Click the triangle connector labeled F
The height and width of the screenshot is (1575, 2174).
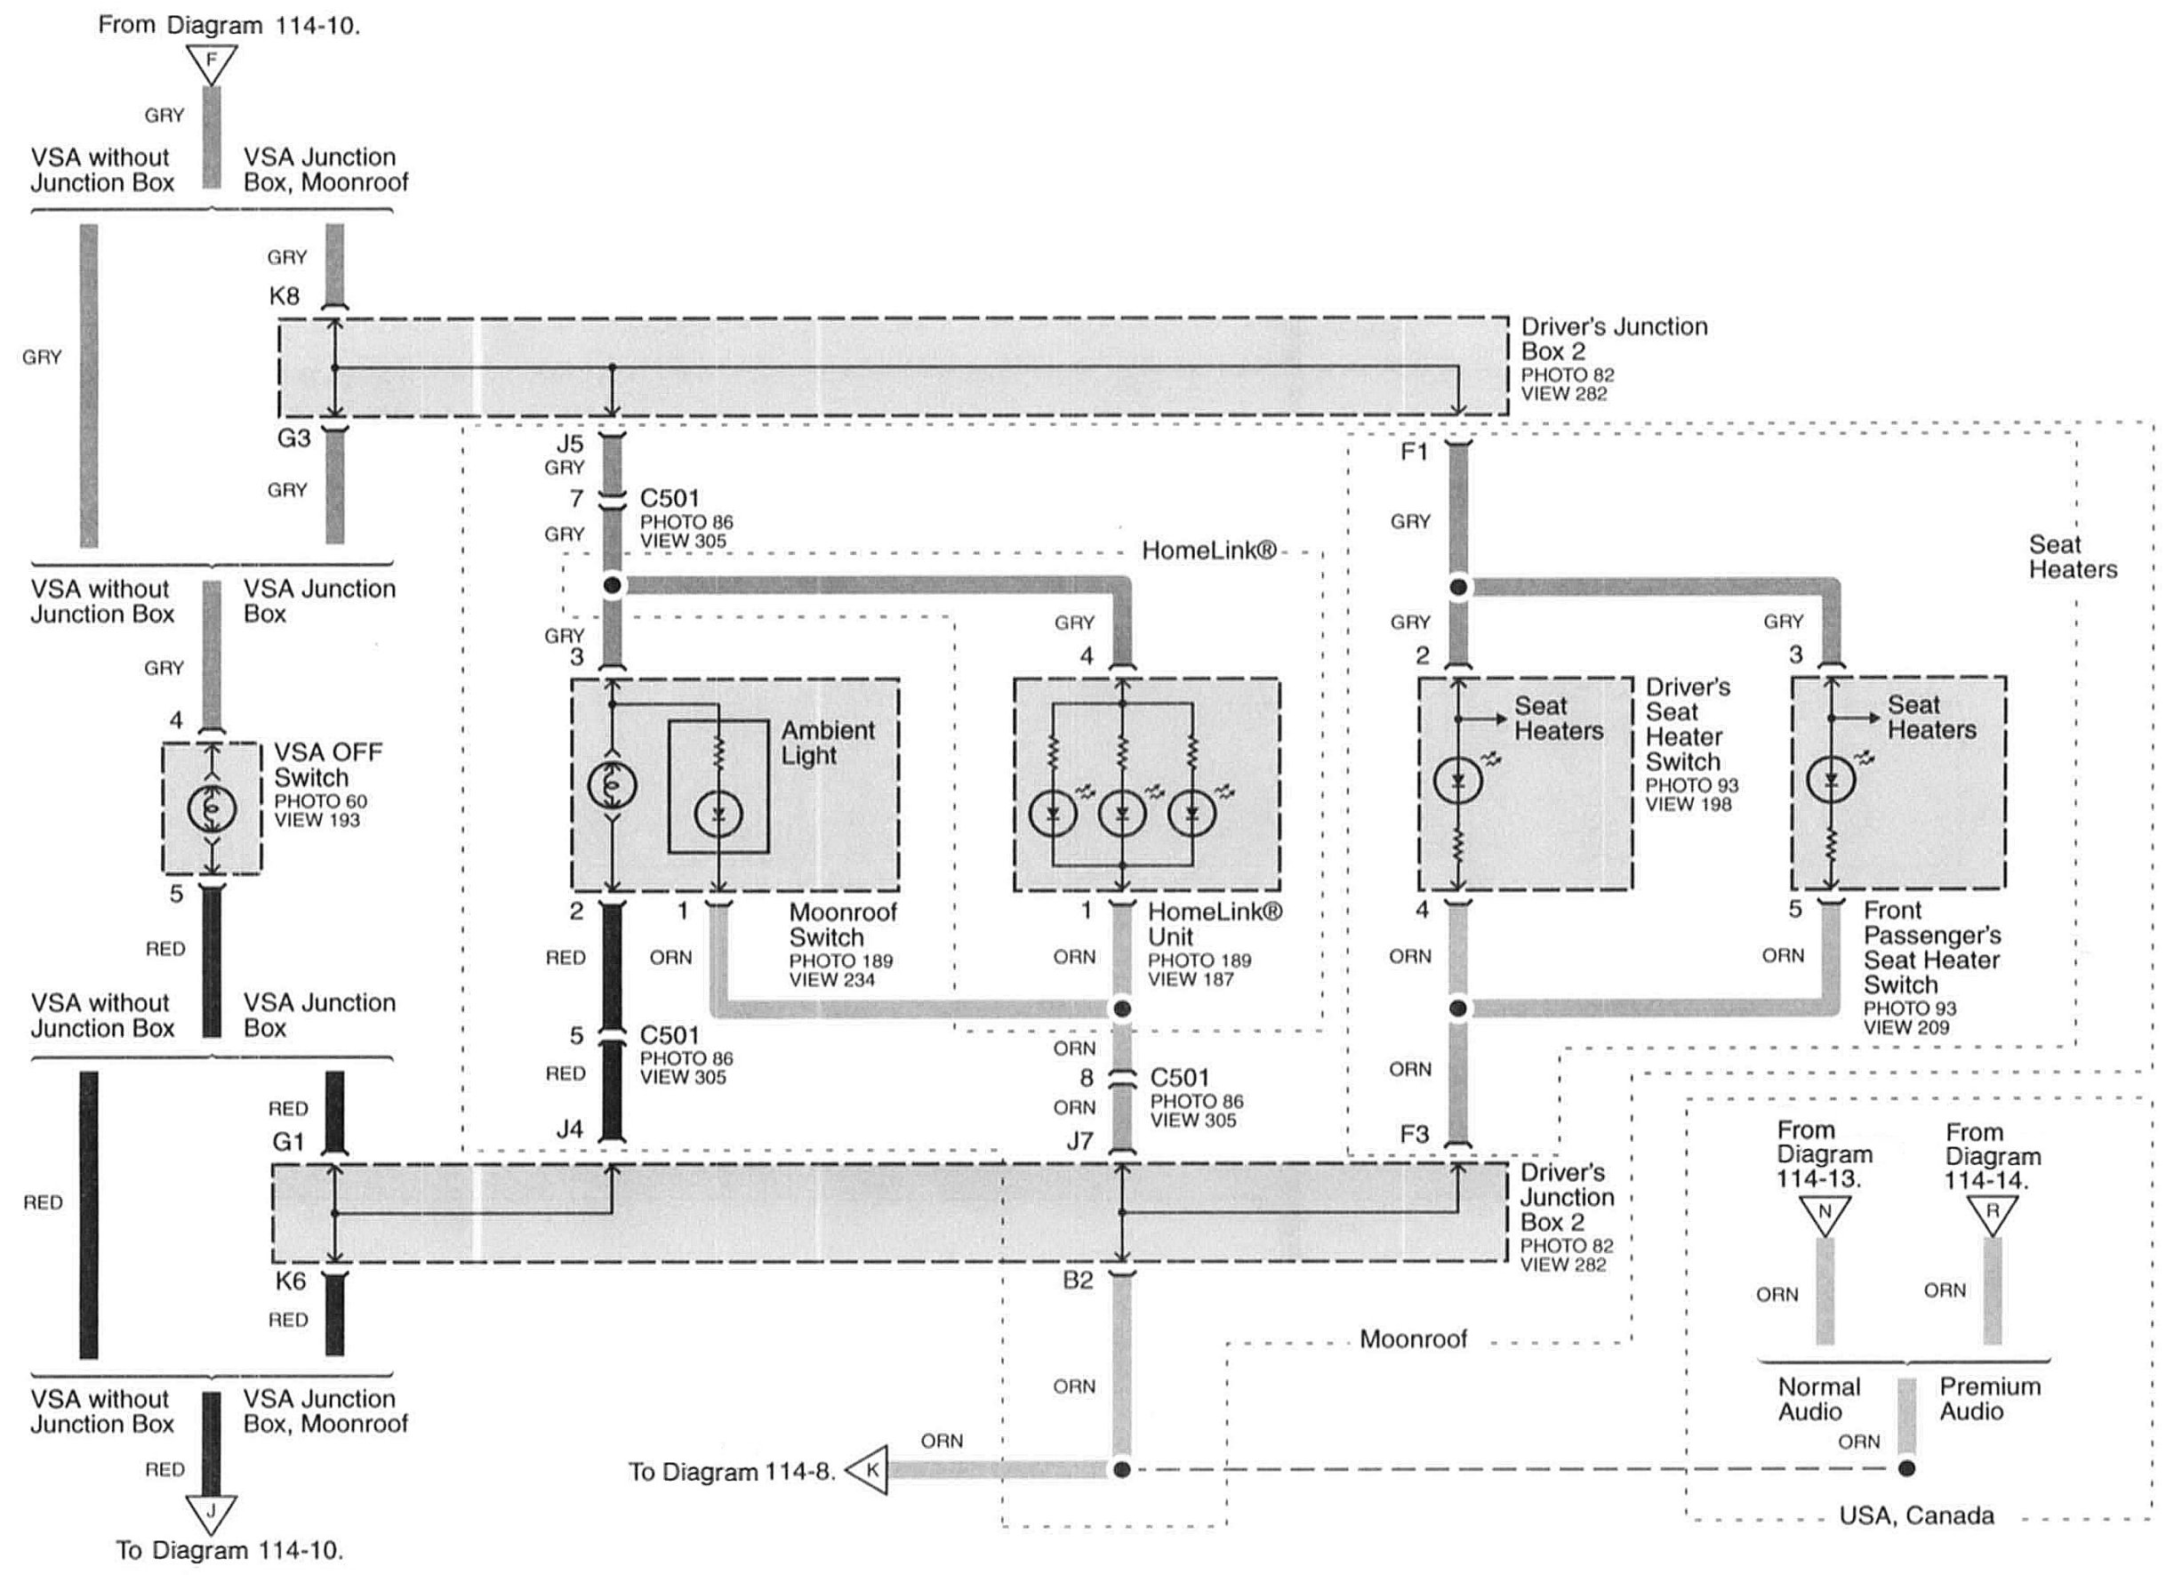tap(212, 63)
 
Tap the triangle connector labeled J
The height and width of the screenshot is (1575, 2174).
tap(211, 1512)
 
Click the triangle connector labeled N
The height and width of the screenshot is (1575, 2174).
tap(1825, 1215)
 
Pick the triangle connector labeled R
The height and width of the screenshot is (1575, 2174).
tap(1992, 1214)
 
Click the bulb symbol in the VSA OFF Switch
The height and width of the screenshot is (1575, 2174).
tap(212, 808)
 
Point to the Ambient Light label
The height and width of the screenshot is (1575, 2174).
tap(827, 742)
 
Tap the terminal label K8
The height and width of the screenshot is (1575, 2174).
tap(284, 295)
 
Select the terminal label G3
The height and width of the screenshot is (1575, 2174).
tap(293, 438)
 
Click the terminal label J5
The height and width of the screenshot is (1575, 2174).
tap(569, 444)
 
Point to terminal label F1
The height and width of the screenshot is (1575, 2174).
tap(1414, 451)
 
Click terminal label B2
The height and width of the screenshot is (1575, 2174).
tap(1078, 1280)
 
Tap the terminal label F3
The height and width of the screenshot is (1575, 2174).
tap(1414, 1134)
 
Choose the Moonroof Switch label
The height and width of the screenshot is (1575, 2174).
tap(843, 924)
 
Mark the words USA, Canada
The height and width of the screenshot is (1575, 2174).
tap(1916, 1515)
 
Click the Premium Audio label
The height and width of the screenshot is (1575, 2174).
tap(1990, 1399)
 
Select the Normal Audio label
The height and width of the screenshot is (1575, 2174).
tap(1818, 1399)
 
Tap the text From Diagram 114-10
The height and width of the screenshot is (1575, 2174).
tap(229, 25)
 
